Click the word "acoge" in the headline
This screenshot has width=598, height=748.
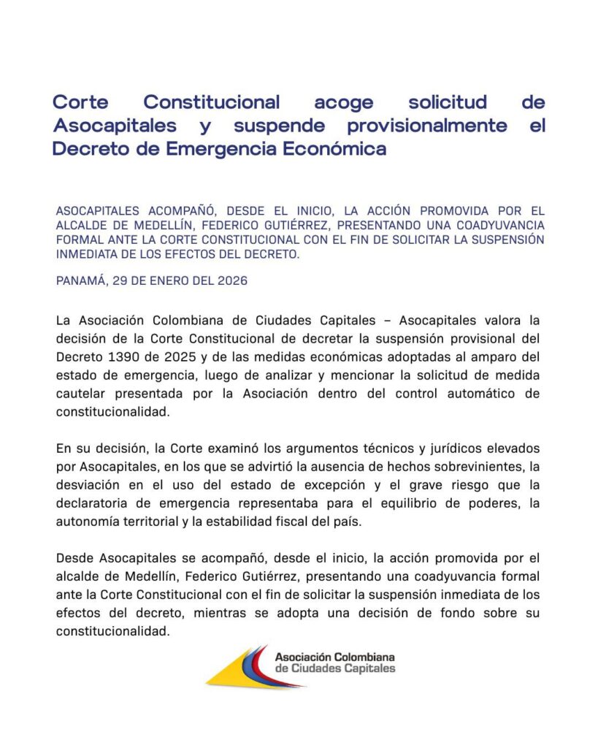coord(343,102)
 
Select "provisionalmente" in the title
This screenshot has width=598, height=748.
coord(427,126)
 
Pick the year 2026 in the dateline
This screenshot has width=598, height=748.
coord(231,280)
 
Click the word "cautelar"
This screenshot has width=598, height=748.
coord(79,394)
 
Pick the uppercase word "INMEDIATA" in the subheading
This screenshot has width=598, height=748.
coord(86,253)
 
